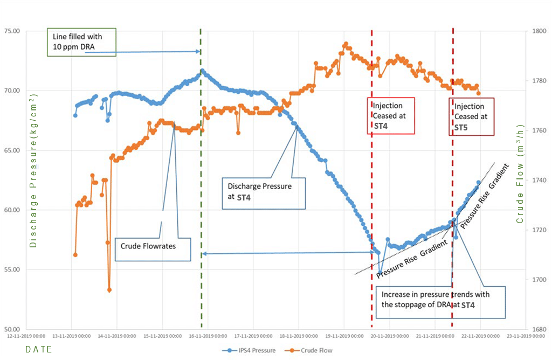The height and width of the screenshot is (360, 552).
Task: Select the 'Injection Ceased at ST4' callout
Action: (x=391, y=115)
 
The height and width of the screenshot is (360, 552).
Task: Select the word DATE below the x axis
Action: (x=39, y=350)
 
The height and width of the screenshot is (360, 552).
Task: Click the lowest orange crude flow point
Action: (x=109, y=290)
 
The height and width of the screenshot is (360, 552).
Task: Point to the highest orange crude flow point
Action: (x=346, y=44)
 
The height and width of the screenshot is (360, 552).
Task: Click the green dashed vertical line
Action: (x=201, y=162)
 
